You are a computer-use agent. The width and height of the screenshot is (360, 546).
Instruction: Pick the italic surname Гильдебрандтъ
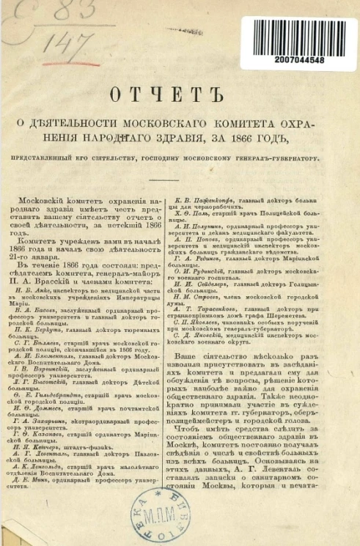click(73, 375)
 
